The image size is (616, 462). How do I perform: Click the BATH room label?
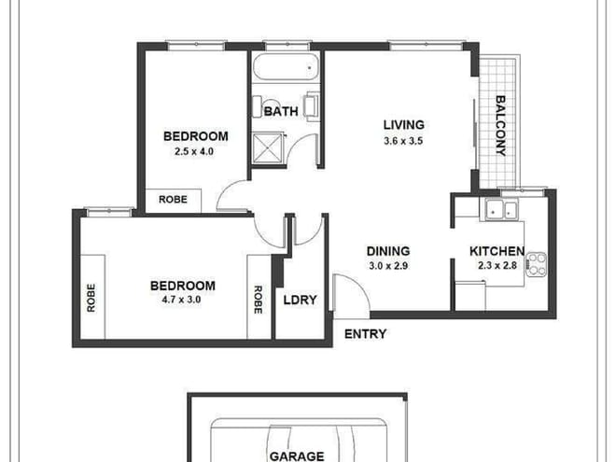coord(281,111)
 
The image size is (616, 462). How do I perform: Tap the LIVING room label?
coord(404,124)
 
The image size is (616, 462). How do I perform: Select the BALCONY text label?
coord(500,126)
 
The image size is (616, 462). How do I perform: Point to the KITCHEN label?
coord(496,251)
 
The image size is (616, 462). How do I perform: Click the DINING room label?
coord(388,250)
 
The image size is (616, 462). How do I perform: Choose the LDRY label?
coord(300,300)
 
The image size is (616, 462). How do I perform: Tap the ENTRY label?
coord(365,333)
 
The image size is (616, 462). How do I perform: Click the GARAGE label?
coord(296,456)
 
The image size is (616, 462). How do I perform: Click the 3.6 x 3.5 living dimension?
coord(403,141)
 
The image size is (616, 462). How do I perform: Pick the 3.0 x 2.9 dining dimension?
coord(388,266)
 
